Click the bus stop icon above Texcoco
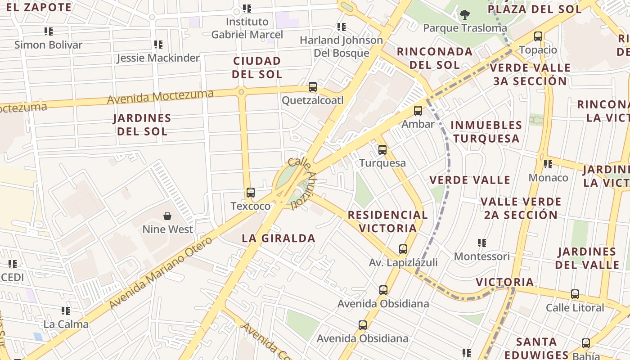(251, 193)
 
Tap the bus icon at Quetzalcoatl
(313, 87)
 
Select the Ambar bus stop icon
(418, 110)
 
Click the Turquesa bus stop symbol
(382, 149)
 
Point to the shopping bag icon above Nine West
(167, 216)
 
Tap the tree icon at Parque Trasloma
(464, 15)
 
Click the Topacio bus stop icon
(538, 36)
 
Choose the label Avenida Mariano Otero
(160, 273)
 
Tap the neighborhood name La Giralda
(279, 238)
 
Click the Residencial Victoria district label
(387, 221)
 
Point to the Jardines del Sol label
(142, 125)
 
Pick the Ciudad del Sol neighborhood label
(257, 67)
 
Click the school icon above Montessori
(482, 243)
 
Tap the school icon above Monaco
(548, 164)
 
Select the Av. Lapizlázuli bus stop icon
(403, 249)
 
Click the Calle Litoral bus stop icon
(575, 294)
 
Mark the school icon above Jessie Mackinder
(158, 45)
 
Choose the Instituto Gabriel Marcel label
(247, 28)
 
